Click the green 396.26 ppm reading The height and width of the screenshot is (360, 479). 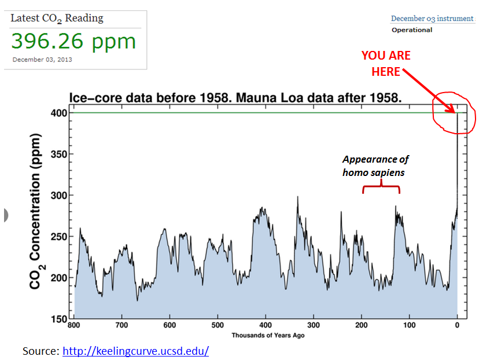(73, 42)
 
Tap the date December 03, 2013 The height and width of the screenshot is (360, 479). (42, 60)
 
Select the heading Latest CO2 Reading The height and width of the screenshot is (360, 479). (57, 19)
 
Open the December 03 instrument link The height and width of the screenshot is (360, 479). (432, 19)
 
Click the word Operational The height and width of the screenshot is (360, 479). (411, 30)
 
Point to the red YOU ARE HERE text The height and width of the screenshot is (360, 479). (386, 63)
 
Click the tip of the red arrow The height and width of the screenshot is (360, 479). (455, 112)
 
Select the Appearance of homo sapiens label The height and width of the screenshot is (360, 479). (375, 166)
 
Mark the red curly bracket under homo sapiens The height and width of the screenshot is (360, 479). (381, 188)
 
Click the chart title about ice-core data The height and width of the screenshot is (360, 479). (235, 98)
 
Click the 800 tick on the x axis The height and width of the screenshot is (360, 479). (74, 325)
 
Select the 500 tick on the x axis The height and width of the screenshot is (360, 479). (218, 325)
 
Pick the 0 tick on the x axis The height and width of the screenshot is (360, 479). (457, 325)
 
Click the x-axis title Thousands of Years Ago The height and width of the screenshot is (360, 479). (268, 335)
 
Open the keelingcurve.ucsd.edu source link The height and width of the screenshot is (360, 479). (135, 351)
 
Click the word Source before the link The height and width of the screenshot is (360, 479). (40, 351)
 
